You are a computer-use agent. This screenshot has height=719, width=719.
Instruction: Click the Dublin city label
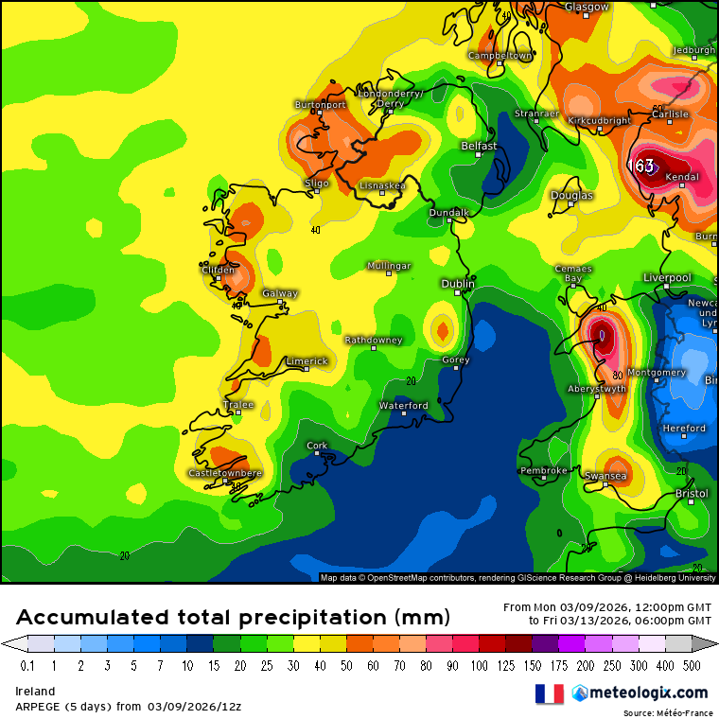coord(458,284)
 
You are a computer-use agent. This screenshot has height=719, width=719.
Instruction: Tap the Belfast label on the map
coord(479,146)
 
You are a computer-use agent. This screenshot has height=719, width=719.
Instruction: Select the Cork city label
coord(317,445)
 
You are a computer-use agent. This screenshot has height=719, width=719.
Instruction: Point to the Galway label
coord(280,293)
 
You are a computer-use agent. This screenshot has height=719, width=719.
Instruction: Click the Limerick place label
coord(307,361)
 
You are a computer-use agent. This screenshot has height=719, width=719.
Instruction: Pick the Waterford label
coord(404,406)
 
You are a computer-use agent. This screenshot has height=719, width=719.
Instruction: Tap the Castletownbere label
coord(225,473)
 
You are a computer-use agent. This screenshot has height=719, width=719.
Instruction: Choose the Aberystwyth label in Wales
coord(597,389)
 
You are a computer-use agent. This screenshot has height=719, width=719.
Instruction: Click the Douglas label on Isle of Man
coord(572,196)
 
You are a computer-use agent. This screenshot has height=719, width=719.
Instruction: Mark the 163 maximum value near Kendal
coord(643,167)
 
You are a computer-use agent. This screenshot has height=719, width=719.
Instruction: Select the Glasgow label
coord(587,8)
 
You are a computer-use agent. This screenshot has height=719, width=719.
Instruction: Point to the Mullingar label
coord(389,267)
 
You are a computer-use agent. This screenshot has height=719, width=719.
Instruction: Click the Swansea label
coord(605,476)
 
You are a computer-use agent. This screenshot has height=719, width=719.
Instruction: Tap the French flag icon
coord(549,693)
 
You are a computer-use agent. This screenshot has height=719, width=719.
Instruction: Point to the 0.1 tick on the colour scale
coord(27,666)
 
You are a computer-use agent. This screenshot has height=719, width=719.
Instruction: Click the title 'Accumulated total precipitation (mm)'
coord(232,618)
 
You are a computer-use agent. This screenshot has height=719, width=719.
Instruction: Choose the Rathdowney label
coord(373,340)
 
